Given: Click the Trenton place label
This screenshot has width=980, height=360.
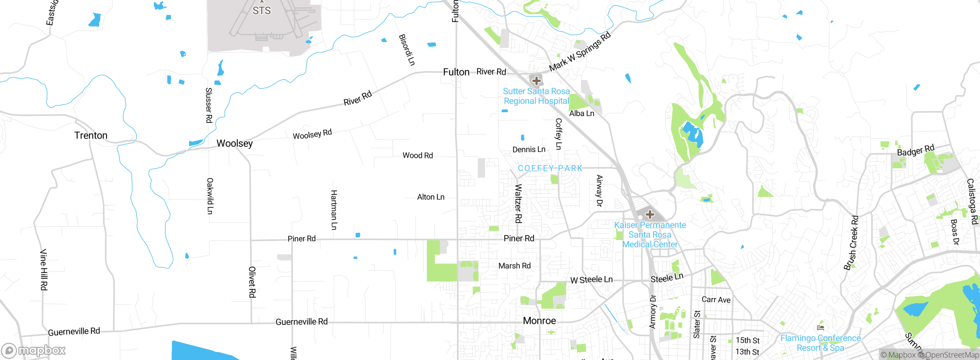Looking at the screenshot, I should coord(91,136).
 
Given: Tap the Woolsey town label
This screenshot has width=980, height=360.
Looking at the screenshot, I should coord(234,143).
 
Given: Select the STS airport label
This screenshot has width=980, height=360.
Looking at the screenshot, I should coord(261,11).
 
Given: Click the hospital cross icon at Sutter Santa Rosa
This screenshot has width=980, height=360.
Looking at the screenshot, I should coord(536,80).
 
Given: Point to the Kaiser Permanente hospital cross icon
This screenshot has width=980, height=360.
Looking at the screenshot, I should coord(650,214).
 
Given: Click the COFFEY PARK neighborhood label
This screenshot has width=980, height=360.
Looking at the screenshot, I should coord(550,168).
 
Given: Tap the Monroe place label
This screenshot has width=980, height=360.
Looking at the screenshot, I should coord(539,321).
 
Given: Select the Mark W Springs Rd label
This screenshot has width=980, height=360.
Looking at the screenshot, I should coord(580,52).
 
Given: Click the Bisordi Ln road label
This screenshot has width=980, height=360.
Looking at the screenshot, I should coord(407,50).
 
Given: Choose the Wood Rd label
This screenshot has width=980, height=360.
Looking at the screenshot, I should coord(417,155).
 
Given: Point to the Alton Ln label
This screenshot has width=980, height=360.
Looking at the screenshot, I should coord(430,197).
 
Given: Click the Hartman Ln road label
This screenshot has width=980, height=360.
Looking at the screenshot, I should coord(334,209).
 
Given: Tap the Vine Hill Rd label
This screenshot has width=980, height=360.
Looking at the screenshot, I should coord(44,269).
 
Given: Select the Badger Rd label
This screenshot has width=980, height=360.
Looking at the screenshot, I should coord(915,150).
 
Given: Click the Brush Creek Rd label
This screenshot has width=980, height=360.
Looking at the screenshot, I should coord(851,243).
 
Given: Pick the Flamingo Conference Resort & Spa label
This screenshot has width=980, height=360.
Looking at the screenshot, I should coord(820,343).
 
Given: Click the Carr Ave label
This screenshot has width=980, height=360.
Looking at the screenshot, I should coord(716,299).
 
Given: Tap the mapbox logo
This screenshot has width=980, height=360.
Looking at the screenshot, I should coord(34,350).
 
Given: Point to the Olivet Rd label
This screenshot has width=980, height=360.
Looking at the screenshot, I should coord(252,282).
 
